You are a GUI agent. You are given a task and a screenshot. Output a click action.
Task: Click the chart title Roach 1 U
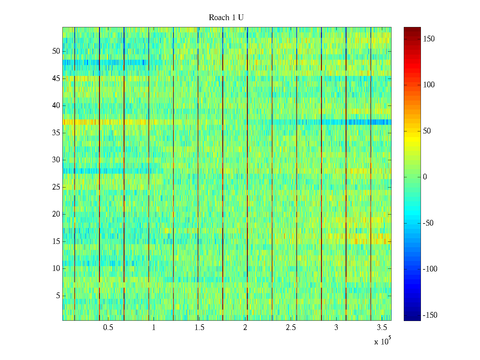pyautogui.click(x=226, y=18)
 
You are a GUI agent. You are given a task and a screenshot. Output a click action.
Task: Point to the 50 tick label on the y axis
pyautogui.click(x=56, y=51)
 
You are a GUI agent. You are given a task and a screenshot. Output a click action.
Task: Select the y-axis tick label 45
pyautogui.click(x=56, y=79)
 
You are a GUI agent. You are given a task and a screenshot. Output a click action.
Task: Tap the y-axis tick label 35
pyautogui.click(x=56, y=133)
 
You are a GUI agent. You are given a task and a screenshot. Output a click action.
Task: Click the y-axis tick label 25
pyautogui.click(x=56, y=187)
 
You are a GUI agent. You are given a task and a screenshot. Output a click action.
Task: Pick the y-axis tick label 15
pyautogui.click(x=56, y=241)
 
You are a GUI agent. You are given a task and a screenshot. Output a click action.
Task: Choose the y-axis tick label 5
pyautogui.click(x=58, y=296)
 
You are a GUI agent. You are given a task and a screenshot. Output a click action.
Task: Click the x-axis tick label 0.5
pyautogui.click(x=108, y=328)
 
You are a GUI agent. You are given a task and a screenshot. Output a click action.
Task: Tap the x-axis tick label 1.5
pyautogui.click(x=199, y=328)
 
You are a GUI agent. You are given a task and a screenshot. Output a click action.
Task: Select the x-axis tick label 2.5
pyautogui.click(x=291, y=328)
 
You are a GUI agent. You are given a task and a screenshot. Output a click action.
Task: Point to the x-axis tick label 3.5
pyautogui.click(x=382, y=328)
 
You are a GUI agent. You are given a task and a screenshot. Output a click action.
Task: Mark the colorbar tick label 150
pyautogui.click(x=429, y=39)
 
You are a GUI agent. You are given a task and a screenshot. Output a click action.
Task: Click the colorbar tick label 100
pyautogui.click(x=429, y=85)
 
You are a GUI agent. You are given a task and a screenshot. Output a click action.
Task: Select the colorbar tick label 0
pyautogui.click(x=425, y=177)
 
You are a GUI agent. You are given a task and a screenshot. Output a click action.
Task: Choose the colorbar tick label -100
pyautogui.click(x=430, y=269)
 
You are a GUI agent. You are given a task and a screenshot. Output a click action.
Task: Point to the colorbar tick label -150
pyautogui.click(x=430, y=315)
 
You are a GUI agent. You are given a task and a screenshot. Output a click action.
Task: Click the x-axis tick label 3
pyautogui.click(x=336, y=328)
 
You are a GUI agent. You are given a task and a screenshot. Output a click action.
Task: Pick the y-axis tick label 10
pyautogui.click(x=56, y=268)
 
